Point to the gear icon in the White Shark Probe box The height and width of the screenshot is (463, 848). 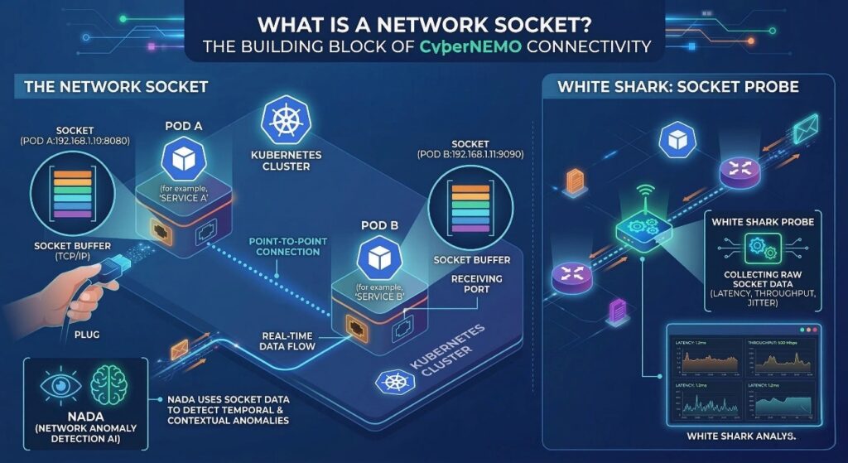759,245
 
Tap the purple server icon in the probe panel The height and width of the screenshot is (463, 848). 614,311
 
